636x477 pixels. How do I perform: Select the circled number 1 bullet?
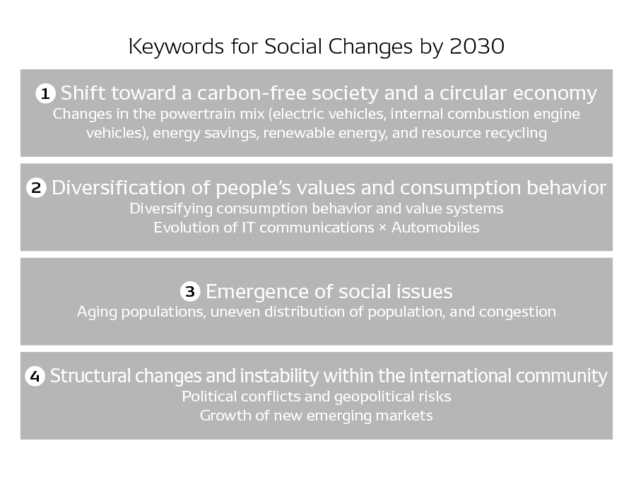point(45,93)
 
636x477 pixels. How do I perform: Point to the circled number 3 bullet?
point(190,291)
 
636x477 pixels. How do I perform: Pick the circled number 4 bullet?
point(35,376)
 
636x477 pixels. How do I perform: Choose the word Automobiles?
point(435,228)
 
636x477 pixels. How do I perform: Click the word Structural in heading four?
point(88,376)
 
